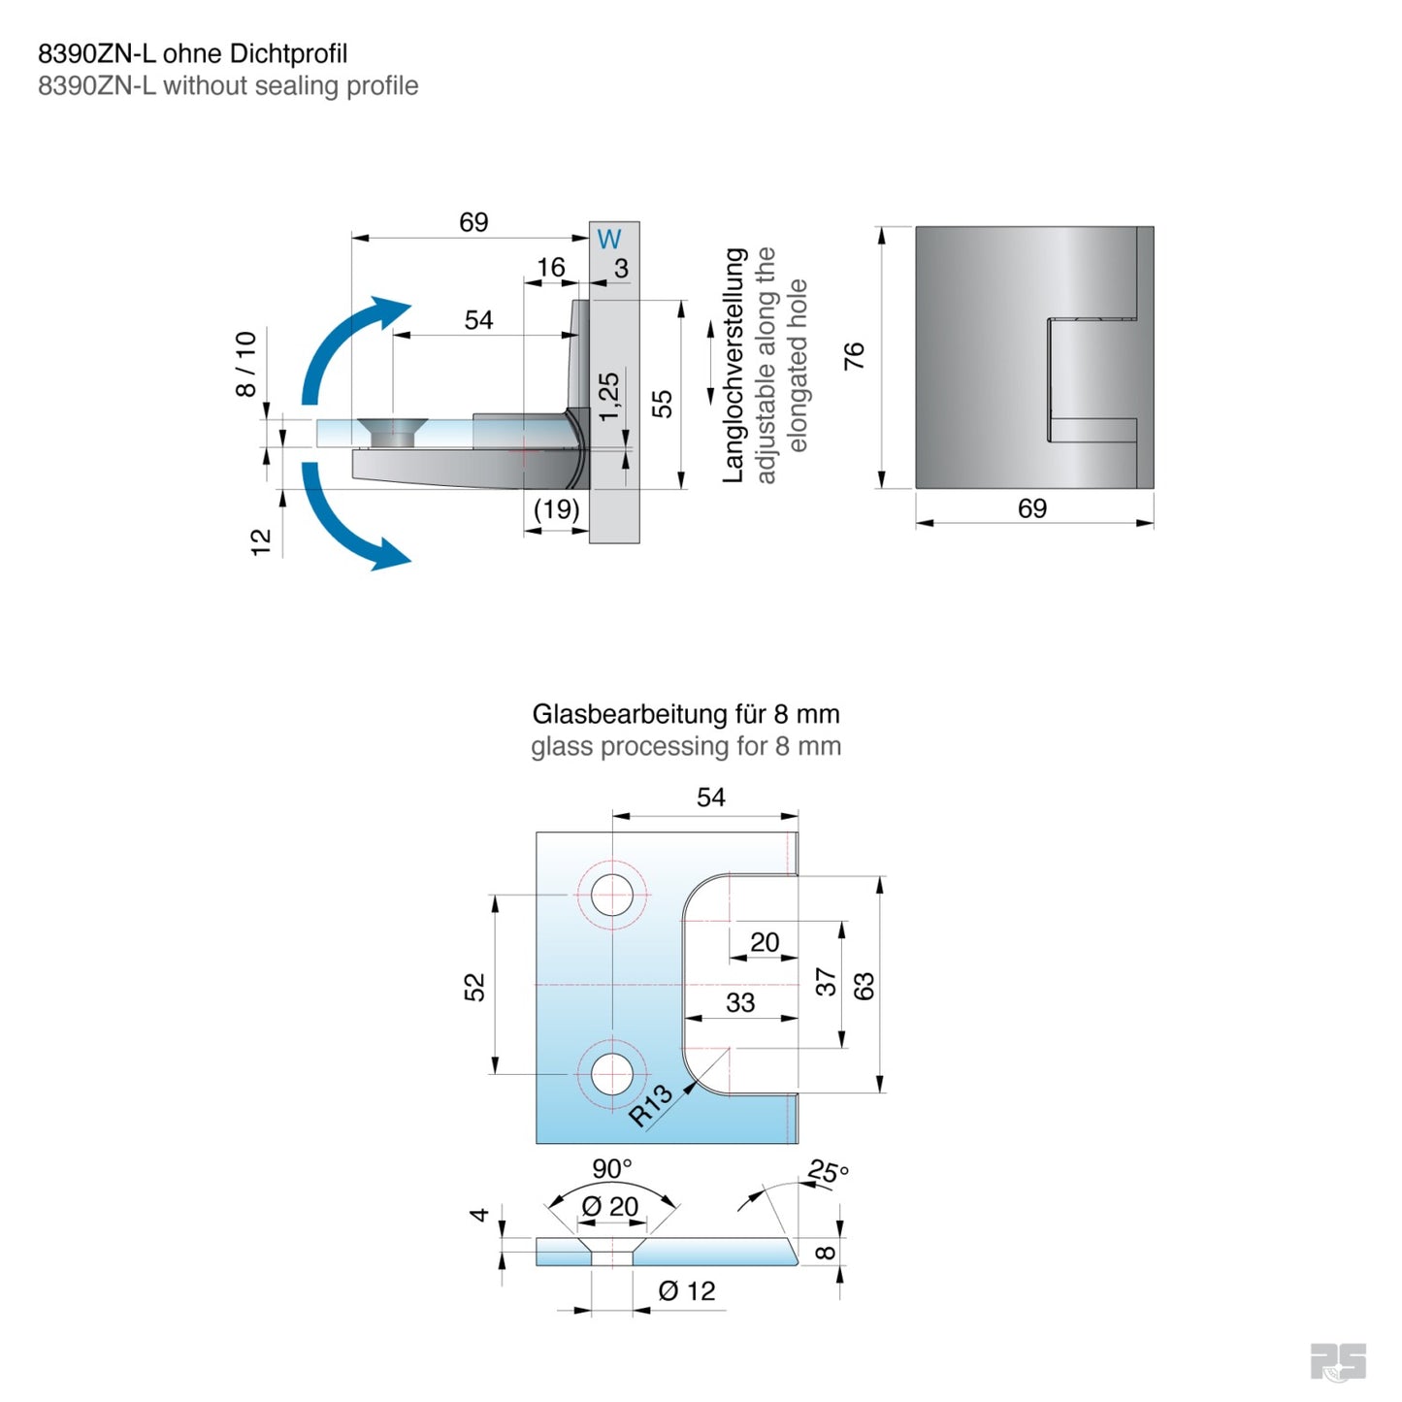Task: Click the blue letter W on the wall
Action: [608, 239]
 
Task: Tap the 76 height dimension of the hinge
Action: [854, 356]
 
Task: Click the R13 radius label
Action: [650, 1105]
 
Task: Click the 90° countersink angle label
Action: [612, 1168]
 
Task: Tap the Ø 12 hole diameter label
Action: [686, 1291]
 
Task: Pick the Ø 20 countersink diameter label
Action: [610, 1207]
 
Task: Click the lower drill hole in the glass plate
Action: [612, 1075]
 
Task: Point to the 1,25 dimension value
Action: [608, 397]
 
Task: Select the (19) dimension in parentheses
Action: [557, 509]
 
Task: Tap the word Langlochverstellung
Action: [734, 365]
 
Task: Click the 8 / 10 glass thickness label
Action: [246, 364]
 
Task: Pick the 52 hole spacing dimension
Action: [473, 988]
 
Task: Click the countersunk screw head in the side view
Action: [392, 432]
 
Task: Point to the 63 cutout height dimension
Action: [864, 986]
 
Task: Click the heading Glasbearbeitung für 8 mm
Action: [685, 714]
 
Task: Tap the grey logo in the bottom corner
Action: [1338, 1361]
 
